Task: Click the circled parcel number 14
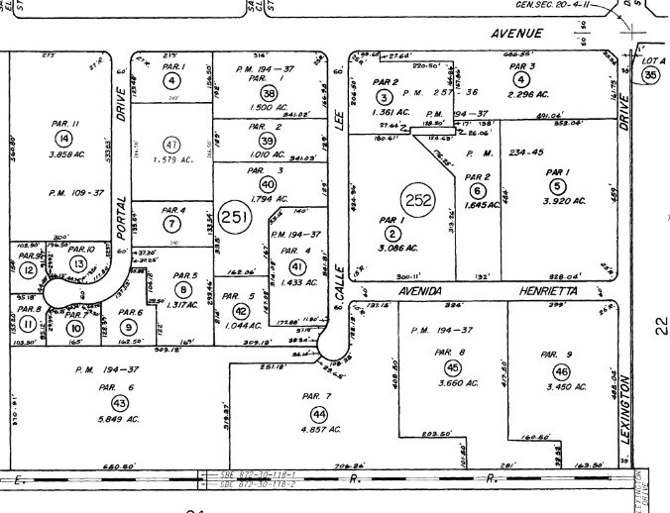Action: [x=64, y=139]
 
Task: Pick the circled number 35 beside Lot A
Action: [x=650, y=75]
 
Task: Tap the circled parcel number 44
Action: [x=318, y=413]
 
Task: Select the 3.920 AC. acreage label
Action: [x=560, y=200]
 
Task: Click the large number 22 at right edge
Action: [x=660, y=325]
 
